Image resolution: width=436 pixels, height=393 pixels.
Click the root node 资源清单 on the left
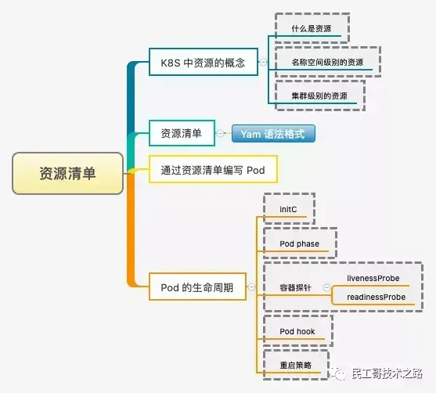(67, 173)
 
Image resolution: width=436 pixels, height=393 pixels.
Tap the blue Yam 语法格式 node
(272, 134)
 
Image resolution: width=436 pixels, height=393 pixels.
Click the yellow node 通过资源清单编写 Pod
(213, 169)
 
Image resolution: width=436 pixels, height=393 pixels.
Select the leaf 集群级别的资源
(315, 96)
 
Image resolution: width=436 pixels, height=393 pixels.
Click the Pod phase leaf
(299, 244)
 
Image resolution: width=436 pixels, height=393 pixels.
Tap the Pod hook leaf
(297, 332)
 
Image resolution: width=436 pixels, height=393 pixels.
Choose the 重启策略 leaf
(295, 366)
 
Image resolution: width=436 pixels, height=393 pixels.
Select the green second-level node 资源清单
(181, 134)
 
